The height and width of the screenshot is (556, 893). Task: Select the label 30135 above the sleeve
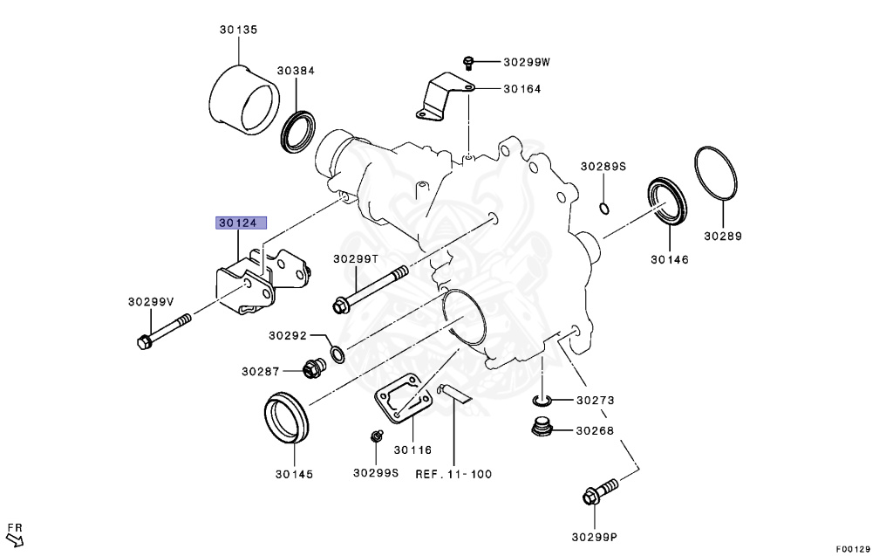click(238, 30)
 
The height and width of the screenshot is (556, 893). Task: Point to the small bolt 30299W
click(468, 61)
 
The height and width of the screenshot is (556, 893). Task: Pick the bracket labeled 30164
click(443, 98)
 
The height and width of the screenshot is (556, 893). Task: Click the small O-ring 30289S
click(603, 208)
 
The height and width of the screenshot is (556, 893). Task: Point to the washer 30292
click(337, 354)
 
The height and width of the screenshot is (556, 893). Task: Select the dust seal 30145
click(286, 418)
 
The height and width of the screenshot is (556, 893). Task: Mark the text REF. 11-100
click(453, 474)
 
